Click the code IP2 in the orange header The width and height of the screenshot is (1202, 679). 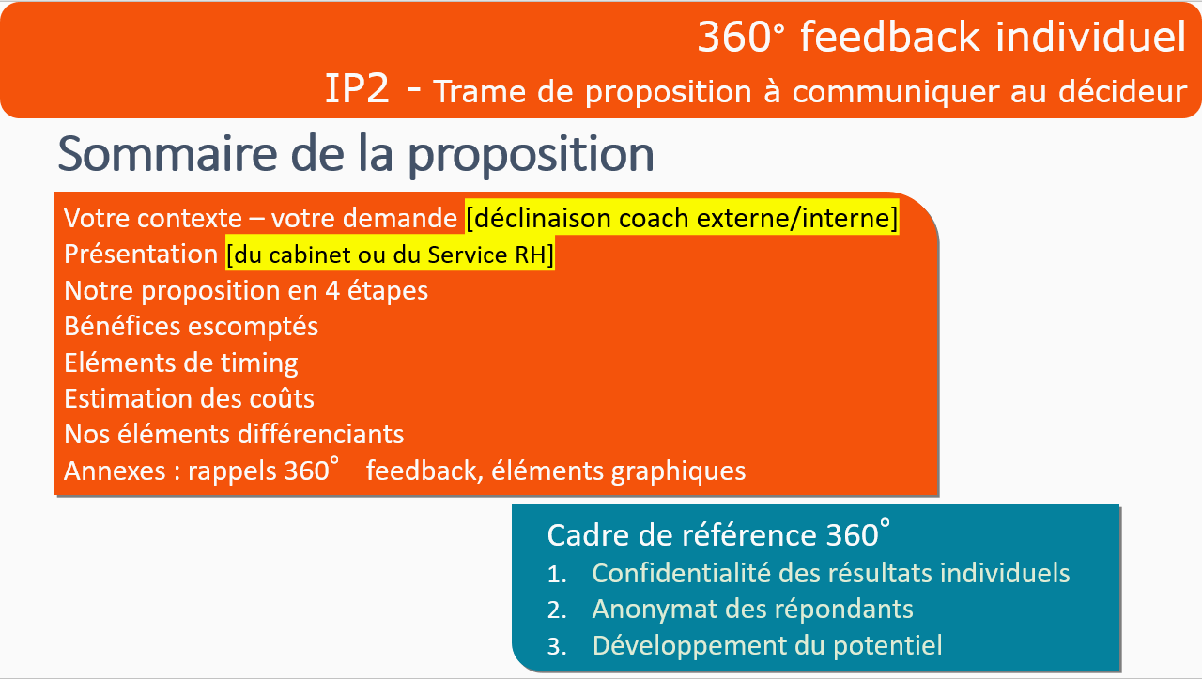coord(356,89)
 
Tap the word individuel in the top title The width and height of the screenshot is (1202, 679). coord(1090,37)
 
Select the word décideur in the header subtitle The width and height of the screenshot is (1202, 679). coord(1122,91)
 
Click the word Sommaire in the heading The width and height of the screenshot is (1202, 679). coord(167,153)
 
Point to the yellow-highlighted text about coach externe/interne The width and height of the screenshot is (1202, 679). coord(682,218)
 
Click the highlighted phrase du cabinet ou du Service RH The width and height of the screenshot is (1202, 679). coord(390,255)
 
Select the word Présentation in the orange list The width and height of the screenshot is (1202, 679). coord(141,254)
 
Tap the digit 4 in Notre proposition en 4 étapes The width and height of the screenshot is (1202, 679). coord(332,291)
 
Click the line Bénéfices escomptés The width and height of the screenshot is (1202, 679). coord(191,327)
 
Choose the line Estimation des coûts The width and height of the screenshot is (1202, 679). coord(189,399)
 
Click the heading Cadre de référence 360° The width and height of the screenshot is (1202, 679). coord(718,534)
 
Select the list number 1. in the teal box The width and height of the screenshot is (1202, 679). coord(557,575)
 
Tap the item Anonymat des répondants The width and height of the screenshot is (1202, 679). coord(753,610)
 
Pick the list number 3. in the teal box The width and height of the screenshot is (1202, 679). coord(557,647)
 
